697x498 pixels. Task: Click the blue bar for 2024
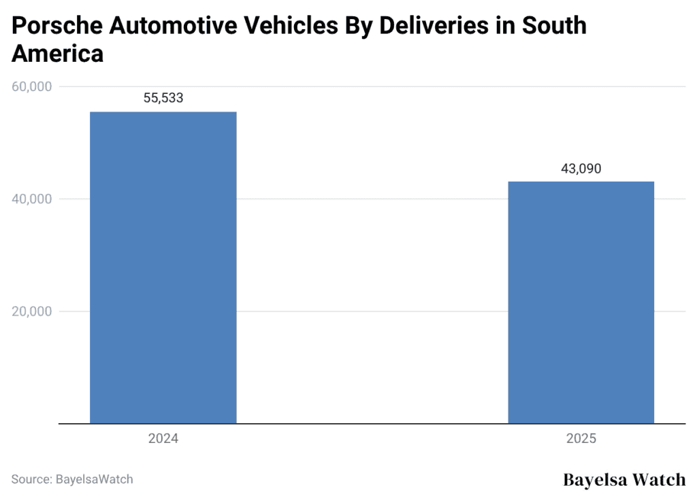coord(163,267)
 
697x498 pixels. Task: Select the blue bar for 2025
coord(581,302)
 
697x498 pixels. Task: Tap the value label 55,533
coord(163,98)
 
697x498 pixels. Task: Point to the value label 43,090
coord(581,169)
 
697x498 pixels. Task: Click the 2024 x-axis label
coord(163,439)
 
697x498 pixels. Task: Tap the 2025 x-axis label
coord(581,439)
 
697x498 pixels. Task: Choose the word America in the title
coord(57,54)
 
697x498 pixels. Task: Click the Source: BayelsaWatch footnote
coord(72,479)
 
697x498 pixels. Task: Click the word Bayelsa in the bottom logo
coord(595,480)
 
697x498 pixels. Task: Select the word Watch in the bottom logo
coord(659,480)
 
